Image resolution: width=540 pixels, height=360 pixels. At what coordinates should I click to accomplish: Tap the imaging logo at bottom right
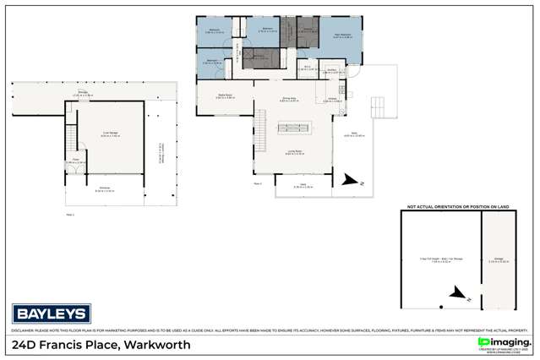click(505, 342)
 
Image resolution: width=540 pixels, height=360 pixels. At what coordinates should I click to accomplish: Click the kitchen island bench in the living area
click(292, 129)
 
